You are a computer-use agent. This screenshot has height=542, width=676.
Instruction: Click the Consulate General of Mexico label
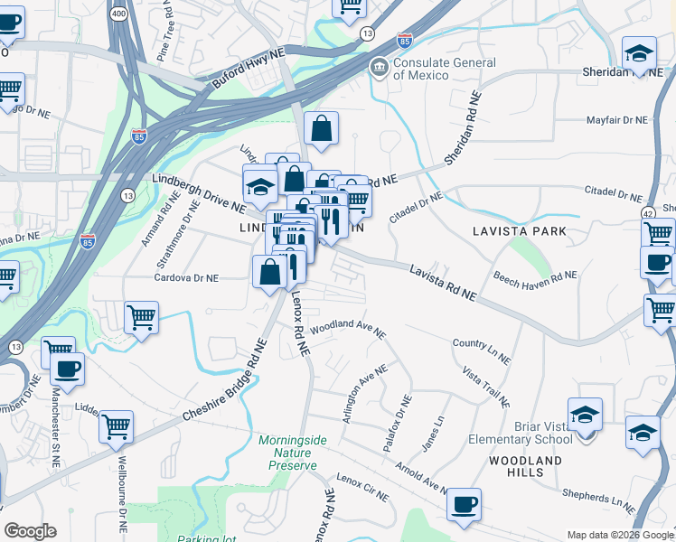(x=444, y=69)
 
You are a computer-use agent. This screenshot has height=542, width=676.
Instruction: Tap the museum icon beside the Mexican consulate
(x=379, y=65)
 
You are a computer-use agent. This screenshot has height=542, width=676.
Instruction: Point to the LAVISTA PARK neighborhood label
(x=520, y=231)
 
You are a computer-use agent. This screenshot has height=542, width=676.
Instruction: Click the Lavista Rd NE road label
(x=442, y=282)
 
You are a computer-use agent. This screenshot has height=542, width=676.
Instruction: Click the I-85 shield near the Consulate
(x=404, y=40)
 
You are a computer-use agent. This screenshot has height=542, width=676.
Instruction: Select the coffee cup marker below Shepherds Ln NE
(x=464, y=504)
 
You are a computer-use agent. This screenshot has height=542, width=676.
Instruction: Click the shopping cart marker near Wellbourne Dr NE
(x=117, y=425)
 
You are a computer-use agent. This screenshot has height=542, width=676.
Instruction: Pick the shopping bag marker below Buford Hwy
(x=321, y=129)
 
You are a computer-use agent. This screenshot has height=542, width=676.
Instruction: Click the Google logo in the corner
(x=30, y=531)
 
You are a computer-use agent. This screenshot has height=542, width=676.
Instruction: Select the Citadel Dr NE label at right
(x=612, y=194)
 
